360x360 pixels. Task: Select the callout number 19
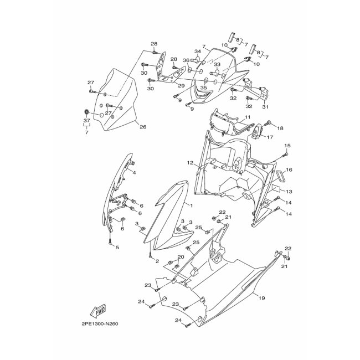point(262,297)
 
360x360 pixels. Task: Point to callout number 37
point(86,121)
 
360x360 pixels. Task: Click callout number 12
point(190,163)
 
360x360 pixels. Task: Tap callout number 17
point(270,137)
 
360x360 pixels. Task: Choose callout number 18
point(280,128)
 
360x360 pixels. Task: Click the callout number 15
point(287,146)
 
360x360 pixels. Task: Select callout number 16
point(289,169)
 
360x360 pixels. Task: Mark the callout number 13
point(289,191)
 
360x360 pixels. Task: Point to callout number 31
point(265,107)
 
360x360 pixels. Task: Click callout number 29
point(181,86)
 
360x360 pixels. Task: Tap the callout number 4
point(133,172)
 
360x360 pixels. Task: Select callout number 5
point(117,247)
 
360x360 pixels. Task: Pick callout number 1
point(191,205)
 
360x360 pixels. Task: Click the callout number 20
point(181,257)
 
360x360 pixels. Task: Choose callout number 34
point(198,52)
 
